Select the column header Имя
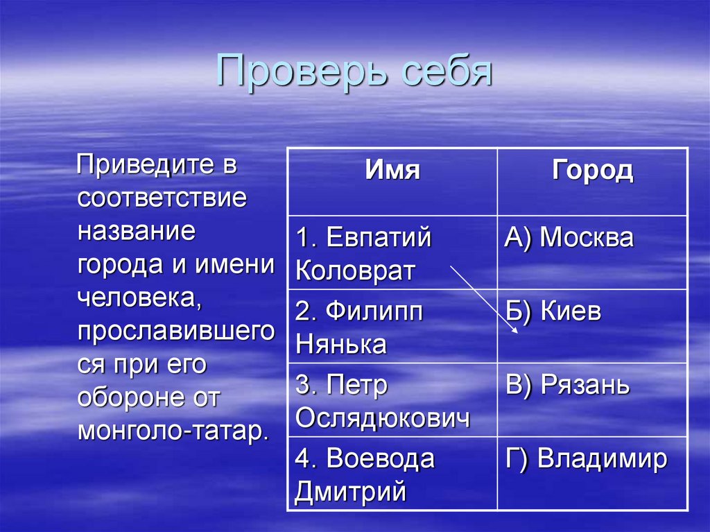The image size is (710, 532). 392,171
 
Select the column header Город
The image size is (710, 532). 592,171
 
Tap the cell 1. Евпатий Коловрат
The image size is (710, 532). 363,253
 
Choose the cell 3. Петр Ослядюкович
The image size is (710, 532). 382,402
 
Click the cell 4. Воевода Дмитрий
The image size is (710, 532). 365,476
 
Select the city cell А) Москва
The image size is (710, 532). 569,238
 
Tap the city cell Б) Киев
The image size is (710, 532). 553,312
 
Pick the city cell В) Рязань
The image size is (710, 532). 567,386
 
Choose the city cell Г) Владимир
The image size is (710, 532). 586,459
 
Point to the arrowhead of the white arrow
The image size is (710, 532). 514,332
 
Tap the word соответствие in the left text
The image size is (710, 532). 162,198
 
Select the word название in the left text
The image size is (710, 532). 137,231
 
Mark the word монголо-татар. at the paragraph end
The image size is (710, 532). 173,430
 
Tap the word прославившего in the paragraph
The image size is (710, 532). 176,331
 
